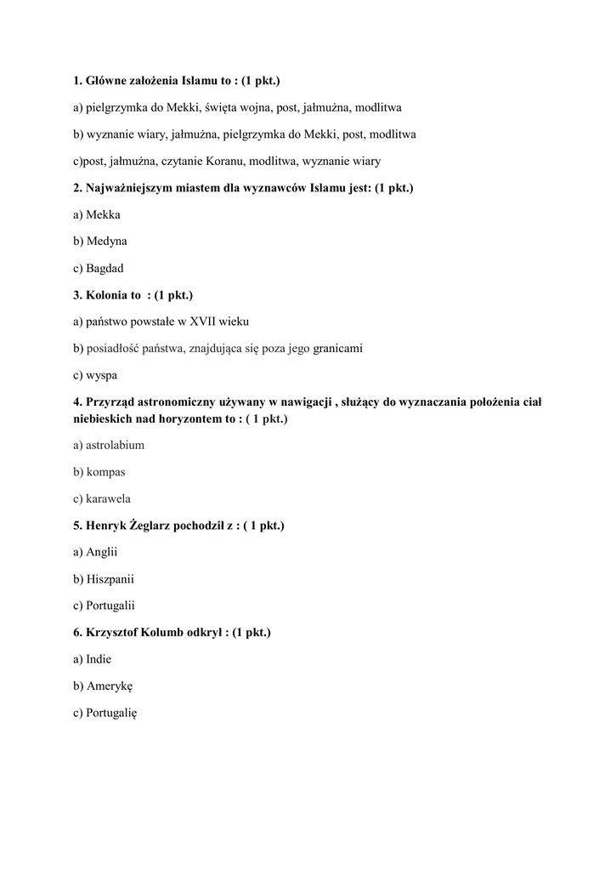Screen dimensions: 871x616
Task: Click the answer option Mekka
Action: point(103,215)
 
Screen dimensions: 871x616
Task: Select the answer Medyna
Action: point(106,242)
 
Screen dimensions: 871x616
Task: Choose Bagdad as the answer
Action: point(105,268)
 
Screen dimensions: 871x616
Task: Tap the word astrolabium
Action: point(115,445)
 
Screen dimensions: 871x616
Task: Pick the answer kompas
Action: point(105,471)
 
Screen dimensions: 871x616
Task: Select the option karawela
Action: point(108,498)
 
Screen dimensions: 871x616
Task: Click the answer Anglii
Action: point(101,552)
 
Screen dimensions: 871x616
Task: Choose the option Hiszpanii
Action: point(110,579)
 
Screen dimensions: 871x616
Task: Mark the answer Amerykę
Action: point(110,686)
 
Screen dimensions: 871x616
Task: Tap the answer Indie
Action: point(99,658)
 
